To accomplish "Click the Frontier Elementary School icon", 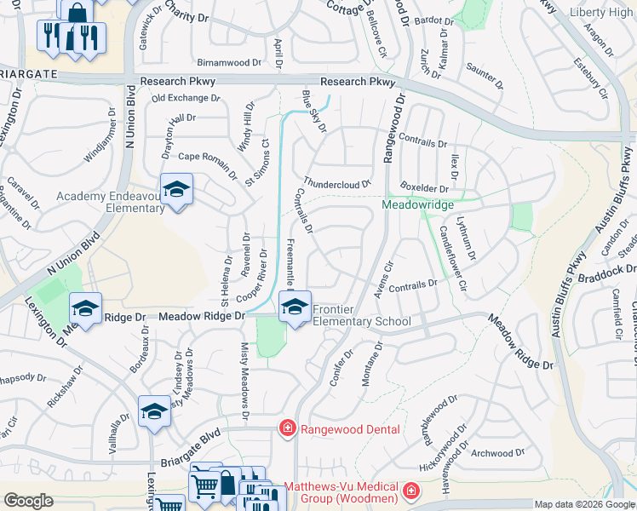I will (x=295, y=308).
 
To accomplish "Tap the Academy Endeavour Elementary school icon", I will (x=175, y=190).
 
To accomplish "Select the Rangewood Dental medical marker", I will (x=288, y=429).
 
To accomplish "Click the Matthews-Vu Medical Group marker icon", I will (x=411, y=491).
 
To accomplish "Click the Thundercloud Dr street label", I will (x=338, y=183).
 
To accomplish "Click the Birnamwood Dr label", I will (x=229, y=63).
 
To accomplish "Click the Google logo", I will (x=28, y=501).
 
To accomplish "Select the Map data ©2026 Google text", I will (x=583, y=504).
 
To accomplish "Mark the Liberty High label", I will (x=600, y=13).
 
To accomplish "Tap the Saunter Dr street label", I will (x=485, y=75).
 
